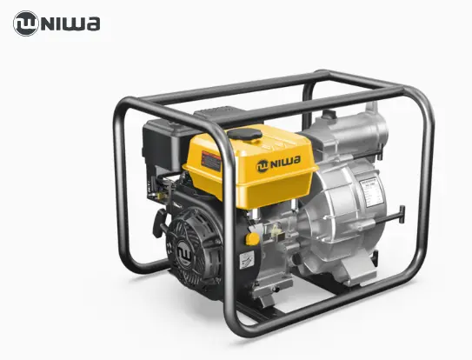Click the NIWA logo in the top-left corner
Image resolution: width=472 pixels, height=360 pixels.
click(57, 23)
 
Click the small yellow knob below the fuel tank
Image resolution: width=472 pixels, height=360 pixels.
click(252, 237)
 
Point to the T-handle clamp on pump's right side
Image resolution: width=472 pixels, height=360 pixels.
click(396, 213)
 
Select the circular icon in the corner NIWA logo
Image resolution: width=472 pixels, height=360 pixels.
click(26, 23)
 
